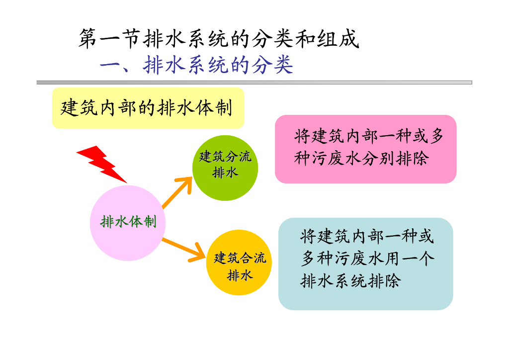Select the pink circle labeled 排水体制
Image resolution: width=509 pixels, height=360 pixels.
pyautogui.click(x=128, y=222)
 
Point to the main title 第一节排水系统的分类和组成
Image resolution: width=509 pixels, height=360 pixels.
pyautogui.click(x=218, y=39)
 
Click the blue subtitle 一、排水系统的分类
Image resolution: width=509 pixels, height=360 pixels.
pyautogui.click(x=196, y=65)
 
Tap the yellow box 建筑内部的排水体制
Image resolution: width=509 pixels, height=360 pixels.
pyautogui.click(x=148, y=108)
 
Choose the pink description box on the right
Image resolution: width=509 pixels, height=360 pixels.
pyautogui.click(x=365, y=149)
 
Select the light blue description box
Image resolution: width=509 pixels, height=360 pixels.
pyautogui.click(x=365, y=264)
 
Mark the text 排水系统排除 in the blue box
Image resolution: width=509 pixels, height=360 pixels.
pyautogui.click(x=350, y=281)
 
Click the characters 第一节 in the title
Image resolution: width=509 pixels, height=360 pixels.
pyautogui.click(x=109, y=39)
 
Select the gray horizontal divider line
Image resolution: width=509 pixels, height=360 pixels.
pyautogui.click(x=254, y=82)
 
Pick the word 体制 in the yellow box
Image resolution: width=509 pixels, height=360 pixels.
pyautogui.click(x=215, y=108)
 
